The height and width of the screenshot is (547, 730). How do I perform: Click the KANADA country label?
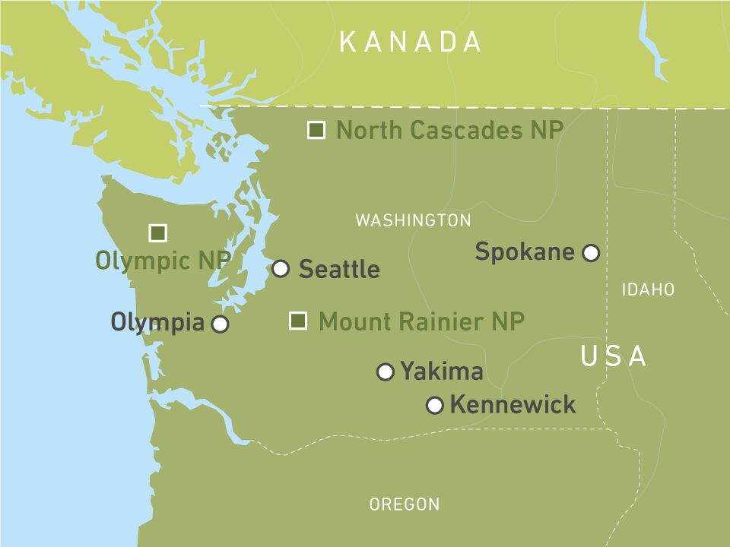point(410,42)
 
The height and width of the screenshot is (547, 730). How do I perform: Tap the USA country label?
point(614,356)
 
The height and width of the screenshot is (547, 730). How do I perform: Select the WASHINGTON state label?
point(413,220)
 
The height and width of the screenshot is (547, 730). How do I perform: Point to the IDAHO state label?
point(648,289)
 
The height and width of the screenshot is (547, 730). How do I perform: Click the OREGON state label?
point(404,504)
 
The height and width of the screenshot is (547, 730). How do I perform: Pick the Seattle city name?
point(339,269)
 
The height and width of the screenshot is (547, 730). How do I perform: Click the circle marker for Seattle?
point(281,268)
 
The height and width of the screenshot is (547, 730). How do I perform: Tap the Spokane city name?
point(525,251)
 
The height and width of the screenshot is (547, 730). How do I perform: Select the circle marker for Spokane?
point(591,253)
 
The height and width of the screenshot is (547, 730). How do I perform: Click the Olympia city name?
point(158,323)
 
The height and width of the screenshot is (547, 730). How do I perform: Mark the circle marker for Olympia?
point(220,324)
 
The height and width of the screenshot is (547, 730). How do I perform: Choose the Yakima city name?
point(442,372)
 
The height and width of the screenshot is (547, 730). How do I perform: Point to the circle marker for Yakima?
point(386,372)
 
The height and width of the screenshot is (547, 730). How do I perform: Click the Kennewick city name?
point(513,405)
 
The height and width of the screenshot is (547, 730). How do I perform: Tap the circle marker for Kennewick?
point(435,406)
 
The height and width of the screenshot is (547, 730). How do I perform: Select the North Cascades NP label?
point(449,131)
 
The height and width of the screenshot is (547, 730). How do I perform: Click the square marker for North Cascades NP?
point(316,131)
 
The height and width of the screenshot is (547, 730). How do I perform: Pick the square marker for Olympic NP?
point(157,233)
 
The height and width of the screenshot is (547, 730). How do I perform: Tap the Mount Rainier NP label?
point(421,321)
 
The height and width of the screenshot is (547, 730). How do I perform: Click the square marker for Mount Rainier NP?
point(298,321)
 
